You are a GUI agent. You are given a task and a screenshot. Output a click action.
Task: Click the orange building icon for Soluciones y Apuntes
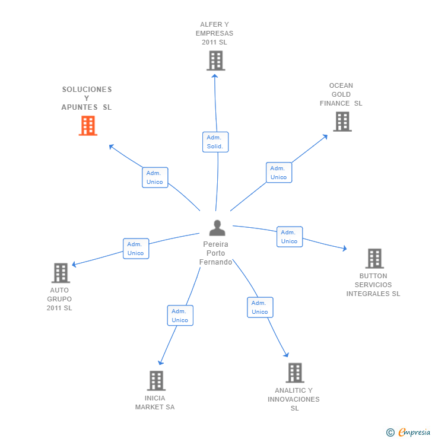(x=88, y=126)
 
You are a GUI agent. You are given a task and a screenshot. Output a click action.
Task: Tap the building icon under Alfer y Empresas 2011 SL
(x=215, y=61)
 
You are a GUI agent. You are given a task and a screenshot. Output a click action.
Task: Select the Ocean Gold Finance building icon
(x=342, y=122)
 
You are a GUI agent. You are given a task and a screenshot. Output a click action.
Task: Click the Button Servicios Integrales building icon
(x=374, y=259)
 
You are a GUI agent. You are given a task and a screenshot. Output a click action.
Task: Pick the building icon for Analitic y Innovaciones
(x=294, y=373)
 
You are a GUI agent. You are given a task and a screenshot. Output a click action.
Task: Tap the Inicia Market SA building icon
(x=156, y=381)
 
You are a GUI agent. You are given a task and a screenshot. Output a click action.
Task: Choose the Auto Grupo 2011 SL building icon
(x=61, y=273)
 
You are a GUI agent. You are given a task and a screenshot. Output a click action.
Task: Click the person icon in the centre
(x=217, y=228)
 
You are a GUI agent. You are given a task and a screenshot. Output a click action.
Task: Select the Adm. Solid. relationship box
(x=215, y=142)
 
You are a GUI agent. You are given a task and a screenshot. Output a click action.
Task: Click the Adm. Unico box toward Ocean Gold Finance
(x=278, y=173)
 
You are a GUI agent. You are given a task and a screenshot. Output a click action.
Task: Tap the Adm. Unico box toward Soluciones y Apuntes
(x=155, y=177)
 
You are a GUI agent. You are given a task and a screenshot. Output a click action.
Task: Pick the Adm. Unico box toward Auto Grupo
(x=136, y=249)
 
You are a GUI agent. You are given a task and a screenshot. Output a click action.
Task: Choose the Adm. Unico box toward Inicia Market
(x=180, y=316)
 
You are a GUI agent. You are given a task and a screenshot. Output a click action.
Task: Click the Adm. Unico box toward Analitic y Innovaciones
(x=260, y=307)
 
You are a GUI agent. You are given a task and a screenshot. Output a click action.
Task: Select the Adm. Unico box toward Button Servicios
(x=290, y=237)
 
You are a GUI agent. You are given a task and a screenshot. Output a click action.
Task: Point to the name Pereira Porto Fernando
(x=216, y=253)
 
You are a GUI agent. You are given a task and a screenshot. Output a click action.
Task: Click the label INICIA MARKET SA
(x=155, y=403)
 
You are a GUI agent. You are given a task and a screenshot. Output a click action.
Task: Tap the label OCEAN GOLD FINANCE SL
(x=341, y=94)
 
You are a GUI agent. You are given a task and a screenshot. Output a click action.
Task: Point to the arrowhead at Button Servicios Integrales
(x=344, y=249)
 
